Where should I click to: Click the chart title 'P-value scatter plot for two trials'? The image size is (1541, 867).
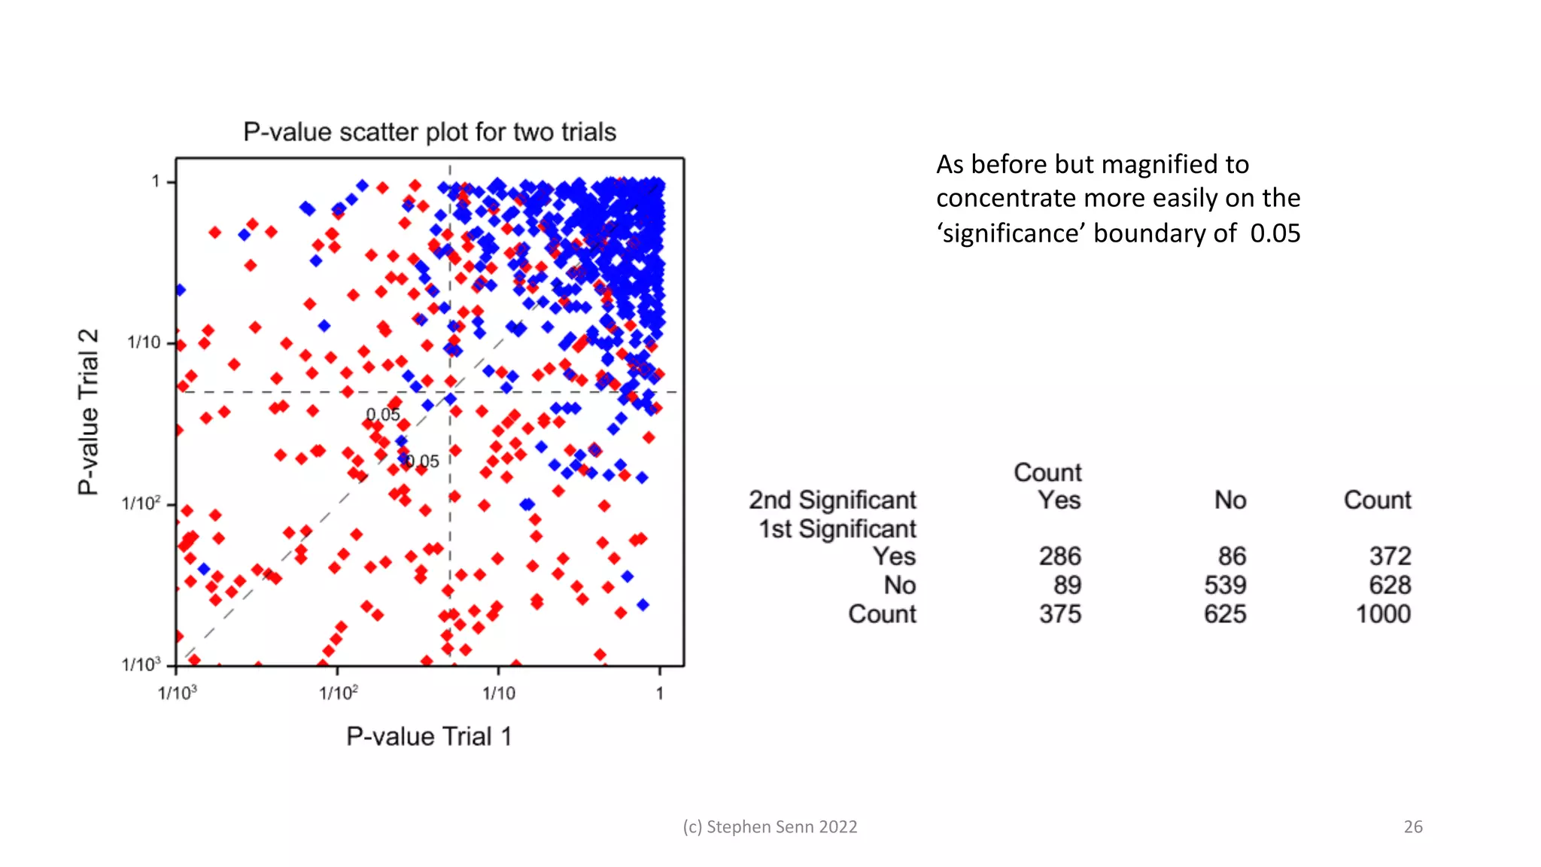coord(430,132)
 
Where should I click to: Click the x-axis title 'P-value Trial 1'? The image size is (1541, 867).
coord(429,737)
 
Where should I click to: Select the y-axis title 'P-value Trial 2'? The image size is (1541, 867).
coord(89,412)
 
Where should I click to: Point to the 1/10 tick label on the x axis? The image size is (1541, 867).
coord(499,693)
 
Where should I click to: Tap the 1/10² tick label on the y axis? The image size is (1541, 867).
coord(141,503)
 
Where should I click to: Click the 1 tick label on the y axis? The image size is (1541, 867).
coord(156,181)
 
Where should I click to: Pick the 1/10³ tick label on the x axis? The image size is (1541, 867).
coord(178,693)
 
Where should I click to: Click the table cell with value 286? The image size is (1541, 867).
coord(1059,556)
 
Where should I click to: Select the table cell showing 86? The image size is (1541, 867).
coord(1232,556)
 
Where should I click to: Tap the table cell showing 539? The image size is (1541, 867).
coord(1225,585)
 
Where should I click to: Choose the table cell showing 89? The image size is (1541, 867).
coord(1067,585)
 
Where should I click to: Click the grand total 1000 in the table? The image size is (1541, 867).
coord(1383,614)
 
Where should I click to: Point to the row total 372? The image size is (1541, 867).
coord(1390,556)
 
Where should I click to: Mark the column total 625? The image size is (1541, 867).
coord(1225,614)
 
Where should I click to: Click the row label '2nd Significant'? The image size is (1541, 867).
coord(832,500)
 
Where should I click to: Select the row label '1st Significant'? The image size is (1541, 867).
coord(837,529)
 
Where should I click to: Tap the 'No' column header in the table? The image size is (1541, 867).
coord(1230,500)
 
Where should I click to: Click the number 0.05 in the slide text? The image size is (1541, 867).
coord(1275,233)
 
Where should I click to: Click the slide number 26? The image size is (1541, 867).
coord(1413,827)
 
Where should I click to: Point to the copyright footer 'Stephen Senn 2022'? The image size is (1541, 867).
coord(781,827)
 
